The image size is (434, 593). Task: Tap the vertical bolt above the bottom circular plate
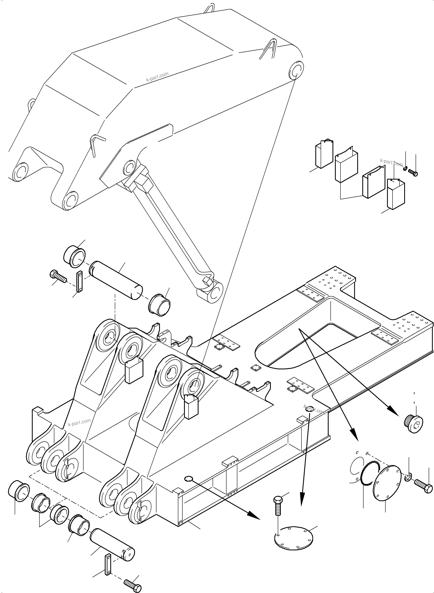pyautogui.click(x=278, y=506)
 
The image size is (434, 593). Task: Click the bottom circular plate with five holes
pyautogui.click(x=293, y=536)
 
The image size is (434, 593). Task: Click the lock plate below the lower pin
pyautogui.click(x=108, y=564)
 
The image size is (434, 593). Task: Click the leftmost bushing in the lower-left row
pyautogui.click(x=19, y=490)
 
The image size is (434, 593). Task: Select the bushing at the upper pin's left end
pyautogui.click(x=75, y=256)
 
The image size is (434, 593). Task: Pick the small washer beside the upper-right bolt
pyautogui.click(x=406, y=168)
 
